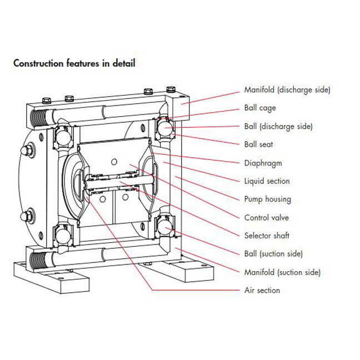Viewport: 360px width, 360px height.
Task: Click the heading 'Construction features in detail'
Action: tap(74, 63)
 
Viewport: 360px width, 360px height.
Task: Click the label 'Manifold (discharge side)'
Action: tap(287, 90)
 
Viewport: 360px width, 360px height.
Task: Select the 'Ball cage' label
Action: tap(260, 108)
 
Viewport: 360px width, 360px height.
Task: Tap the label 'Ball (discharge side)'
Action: tap(278, 126)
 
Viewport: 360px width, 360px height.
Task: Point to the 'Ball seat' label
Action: tap(259, 144)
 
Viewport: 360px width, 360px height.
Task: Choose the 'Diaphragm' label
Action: tap(263, 163)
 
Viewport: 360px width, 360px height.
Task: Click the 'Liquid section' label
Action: tap(267, 181)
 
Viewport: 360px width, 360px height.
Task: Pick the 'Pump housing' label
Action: tap(268, 199)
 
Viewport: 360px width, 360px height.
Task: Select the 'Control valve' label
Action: tap(267, 218)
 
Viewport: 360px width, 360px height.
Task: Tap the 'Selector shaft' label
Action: tap(267, 236)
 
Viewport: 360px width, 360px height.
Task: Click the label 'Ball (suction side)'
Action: tap(274, 254)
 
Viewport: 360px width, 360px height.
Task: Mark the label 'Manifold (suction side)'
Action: tap(283, 272)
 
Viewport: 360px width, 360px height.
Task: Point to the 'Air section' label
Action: tap(262, 291)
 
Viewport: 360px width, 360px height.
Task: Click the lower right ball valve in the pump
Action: tap(165, 228)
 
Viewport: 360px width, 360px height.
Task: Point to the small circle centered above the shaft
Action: tap(114, 161)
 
